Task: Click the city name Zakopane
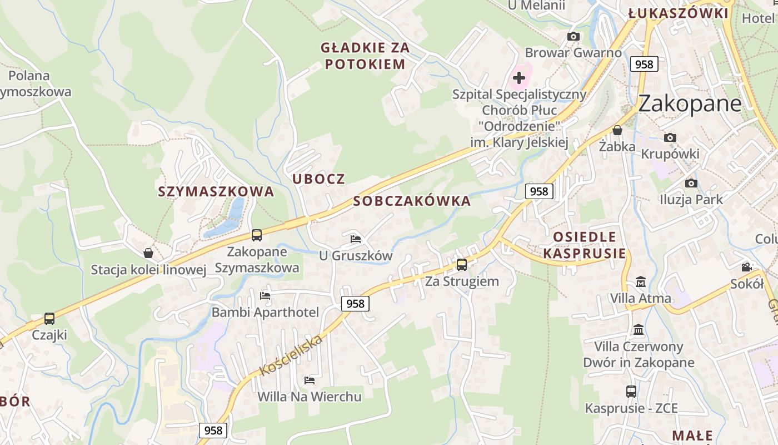tap(690, 104)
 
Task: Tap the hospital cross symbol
tap(519, 78)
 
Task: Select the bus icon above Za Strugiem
tap(461, 265)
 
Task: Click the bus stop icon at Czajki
tap(49, 319)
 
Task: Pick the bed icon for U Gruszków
tap(356, 239)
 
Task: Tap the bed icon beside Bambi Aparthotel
tap(265, 295)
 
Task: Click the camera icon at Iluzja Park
tap(691, 183)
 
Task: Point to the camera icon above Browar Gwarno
tap(573, 37)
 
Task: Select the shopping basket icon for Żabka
tap(617, 131)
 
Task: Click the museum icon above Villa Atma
tap(640, 282)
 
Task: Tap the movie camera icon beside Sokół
tap(746, 268)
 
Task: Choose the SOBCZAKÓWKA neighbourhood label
tap(412, 201)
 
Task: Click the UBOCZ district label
tap(318, 179)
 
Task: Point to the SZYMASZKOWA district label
tap(216, 191)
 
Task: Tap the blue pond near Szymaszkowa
tap(229, 220)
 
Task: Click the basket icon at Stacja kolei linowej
tap(148, 253)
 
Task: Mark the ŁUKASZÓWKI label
tap(678, 13)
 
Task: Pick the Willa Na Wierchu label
tap(309, 397)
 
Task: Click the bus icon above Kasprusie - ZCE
tap(631, 391)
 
